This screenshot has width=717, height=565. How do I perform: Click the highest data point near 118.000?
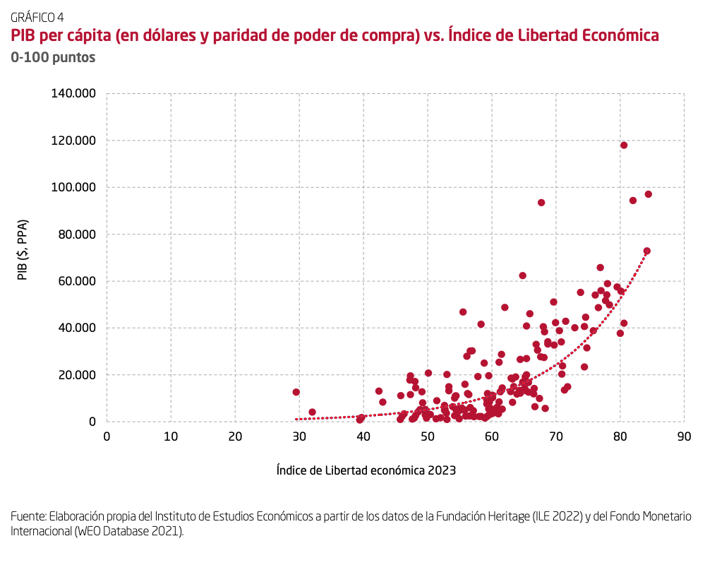click(624, 145)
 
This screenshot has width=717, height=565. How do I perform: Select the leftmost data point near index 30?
click(296, 392)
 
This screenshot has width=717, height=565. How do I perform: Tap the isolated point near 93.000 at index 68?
click(541, 203)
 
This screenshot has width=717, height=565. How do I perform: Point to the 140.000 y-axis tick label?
click(73, 94)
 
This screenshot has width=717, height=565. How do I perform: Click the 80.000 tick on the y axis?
click(76, 234)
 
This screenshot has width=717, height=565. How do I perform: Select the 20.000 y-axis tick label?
click(76, 375)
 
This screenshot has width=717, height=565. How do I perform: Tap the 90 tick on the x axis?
click(683, 436)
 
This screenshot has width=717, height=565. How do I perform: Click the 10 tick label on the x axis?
click(171, 436)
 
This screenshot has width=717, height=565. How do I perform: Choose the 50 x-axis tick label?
click(427, 436)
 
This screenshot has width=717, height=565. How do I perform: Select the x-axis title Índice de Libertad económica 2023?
click(366, 470)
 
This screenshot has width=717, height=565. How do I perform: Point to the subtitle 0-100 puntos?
click(53, 58)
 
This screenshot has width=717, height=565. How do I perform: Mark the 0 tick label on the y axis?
click(92, 422)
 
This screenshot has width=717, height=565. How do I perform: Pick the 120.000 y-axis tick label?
click(73, 141)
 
